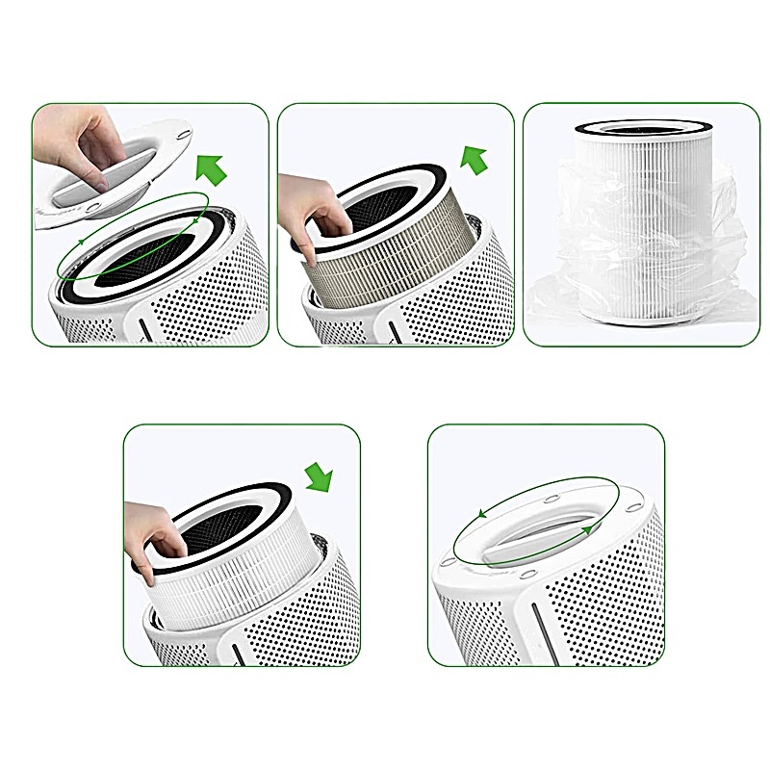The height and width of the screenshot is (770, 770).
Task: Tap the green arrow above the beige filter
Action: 473,158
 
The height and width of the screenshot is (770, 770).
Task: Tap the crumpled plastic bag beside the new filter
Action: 568,298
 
